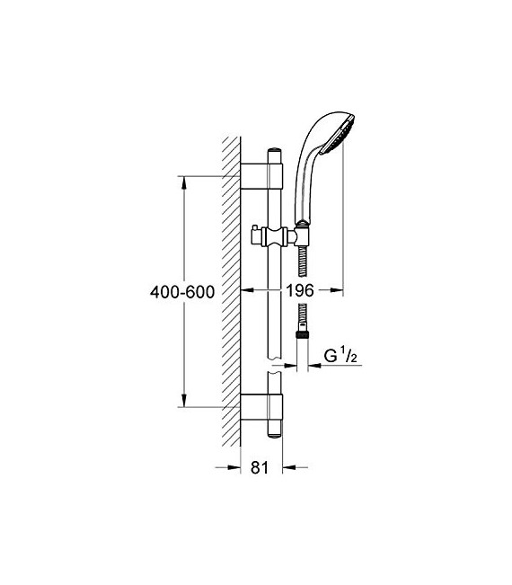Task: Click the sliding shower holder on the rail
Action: pos(278,240)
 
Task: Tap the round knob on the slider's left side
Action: pos(257,240)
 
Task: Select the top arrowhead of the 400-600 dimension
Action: pos(186,180)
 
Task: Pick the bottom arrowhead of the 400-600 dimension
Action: pos(186,403)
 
